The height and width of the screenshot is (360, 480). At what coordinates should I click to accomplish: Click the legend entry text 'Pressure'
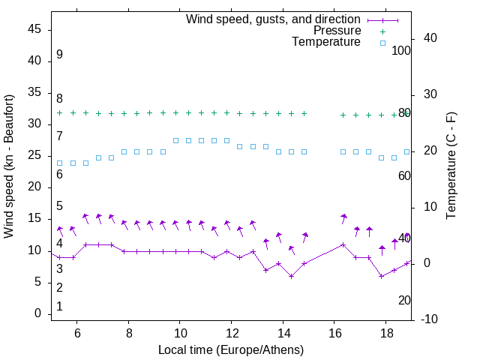click(337, 31)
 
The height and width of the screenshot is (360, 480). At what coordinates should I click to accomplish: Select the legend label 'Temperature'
click(326, 42)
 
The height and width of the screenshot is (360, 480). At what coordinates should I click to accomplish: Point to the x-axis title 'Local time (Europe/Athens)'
click(231, 350)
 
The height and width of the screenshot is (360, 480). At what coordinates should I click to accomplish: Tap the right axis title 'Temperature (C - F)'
click(451, 166)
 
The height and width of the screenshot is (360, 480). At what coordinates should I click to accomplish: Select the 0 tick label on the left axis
click(38, 314)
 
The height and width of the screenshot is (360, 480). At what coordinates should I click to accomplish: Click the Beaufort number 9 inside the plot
click(59, 55)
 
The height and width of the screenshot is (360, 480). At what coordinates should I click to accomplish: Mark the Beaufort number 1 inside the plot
click(59, 306)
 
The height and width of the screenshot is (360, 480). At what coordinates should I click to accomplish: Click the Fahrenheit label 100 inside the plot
click(402, 50)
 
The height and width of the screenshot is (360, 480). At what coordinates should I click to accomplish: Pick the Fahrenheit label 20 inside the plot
click(404, 300)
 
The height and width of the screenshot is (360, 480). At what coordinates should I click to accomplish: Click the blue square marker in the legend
click(382, 43)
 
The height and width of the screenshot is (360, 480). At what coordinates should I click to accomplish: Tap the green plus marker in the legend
click(382, 31)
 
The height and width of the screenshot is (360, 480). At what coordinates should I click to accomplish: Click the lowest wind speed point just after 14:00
click(292, 276)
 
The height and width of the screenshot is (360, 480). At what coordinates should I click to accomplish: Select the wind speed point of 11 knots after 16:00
click(343, 244)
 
